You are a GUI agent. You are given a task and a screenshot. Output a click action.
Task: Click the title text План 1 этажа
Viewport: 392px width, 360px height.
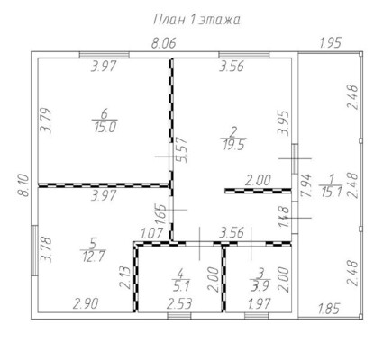coord(197,20)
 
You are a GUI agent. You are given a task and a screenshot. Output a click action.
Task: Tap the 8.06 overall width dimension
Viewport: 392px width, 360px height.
coord(163,43)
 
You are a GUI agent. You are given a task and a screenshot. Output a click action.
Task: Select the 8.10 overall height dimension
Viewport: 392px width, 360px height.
coord(24,185)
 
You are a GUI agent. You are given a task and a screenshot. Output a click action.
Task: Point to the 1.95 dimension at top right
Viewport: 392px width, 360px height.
coord(331,42)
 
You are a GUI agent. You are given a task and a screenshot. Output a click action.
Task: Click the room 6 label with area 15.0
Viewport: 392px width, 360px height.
coord(105,121)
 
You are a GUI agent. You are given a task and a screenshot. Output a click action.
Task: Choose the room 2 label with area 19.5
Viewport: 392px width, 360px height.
coord(233,139)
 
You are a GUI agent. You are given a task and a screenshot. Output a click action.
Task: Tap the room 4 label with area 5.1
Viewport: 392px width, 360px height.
coord(181,280)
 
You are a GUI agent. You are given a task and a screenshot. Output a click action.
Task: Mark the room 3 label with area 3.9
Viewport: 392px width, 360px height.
coord(260,280)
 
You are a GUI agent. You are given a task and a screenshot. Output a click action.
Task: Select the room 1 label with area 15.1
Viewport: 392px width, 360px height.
coord(331,185)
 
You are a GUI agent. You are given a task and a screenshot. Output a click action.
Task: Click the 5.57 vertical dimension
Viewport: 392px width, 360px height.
coord(182,150)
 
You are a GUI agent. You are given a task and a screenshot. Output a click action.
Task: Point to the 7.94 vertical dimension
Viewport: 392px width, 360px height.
coord(307,186)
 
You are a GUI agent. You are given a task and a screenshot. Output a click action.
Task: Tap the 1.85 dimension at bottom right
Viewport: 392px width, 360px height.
coord(329,309)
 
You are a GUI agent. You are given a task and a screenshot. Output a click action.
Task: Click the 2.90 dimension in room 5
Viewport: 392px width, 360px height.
coord(86,304)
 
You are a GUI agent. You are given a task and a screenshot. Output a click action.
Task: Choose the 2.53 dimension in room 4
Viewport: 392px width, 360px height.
coord(179,304)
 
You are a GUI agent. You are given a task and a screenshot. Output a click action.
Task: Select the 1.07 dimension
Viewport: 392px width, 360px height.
coord(152,233)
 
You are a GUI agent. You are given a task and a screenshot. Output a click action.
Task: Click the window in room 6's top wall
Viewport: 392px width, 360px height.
coord(105,55)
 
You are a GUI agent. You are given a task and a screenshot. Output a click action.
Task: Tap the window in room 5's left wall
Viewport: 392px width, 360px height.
coord(34,250)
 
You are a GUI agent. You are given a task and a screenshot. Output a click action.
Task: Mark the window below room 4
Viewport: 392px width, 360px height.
coord(179,316)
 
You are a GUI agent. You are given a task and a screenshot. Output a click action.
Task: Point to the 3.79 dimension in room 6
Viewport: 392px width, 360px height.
coord(46,121)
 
